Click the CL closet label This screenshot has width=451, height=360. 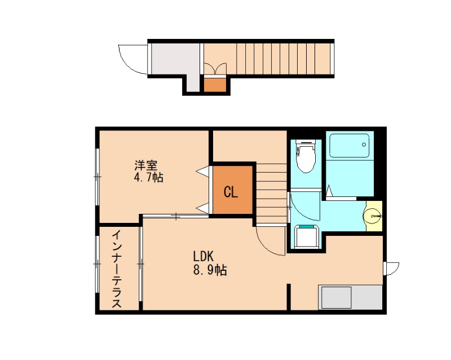pyautogui.click(x=231, y=192)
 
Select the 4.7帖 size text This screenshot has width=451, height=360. pyautogui.click(x=148, y=178)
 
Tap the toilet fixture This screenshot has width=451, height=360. pyautogui.click(x=306, y=157)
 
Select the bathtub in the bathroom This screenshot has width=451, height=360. pyautogui.click(x=350, y=146)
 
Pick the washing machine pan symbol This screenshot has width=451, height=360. pyautogui.click(x=307, y=236)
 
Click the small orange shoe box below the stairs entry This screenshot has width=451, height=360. pyautogui.click(x=214, y=85)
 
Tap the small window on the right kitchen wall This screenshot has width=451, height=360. pyautogui.click(x=390, y=267)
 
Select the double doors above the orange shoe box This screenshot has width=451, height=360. pyautogui.click(x=214, y=69)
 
